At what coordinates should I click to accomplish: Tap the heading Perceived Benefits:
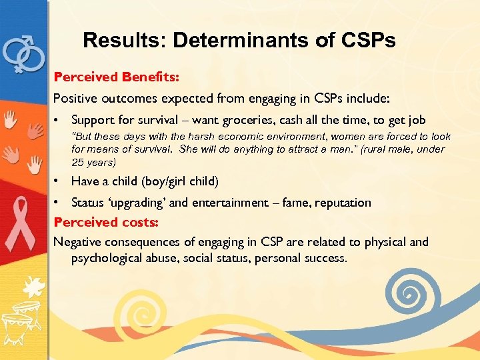click(116, 77)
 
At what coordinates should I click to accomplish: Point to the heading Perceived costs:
click(105, 222)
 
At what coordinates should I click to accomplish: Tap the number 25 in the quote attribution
click(77, 162)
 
